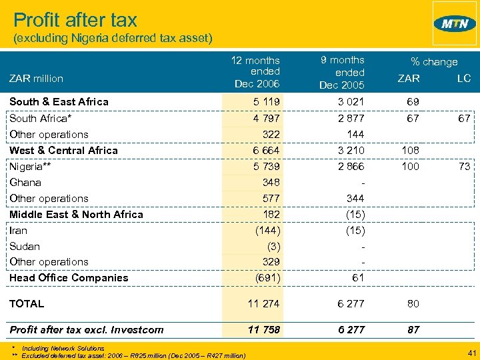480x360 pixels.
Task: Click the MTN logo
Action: pos(455,23)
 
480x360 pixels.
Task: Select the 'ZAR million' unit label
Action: pos(36,79)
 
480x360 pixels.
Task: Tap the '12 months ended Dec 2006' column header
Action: pos(255,72)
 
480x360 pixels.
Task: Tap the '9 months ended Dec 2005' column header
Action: pos(341,72)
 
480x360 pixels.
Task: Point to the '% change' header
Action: pos(434,61)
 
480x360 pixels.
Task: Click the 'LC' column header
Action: pos(463,79)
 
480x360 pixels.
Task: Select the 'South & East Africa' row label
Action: pos(59,102)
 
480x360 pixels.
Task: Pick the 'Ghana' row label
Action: pos(25,182)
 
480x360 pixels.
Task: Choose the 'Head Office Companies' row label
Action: pos(69,278)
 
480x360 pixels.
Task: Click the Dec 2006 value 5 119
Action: pos(267,102)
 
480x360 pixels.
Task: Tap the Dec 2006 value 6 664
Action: pos(267,150)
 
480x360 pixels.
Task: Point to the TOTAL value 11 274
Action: pos(264,303)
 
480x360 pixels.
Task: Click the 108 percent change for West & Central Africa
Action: pos(410,150)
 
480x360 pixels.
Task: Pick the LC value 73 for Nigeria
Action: pos(465,166)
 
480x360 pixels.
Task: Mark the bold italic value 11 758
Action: pos(264,329)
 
